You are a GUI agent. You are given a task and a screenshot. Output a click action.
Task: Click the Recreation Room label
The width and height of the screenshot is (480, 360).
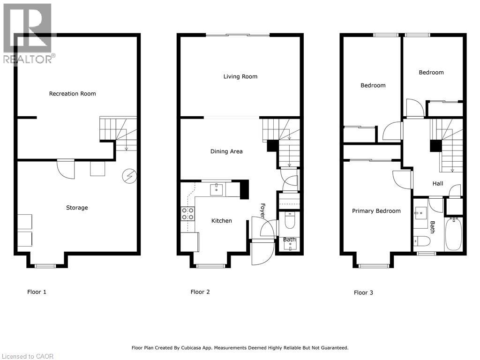72,94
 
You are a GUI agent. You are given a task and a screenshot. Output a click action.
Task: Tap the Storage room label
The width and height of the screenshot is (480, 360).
77,208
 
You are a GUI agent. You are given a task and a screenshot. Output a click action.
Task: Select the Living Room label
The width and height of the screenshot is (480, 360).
240,76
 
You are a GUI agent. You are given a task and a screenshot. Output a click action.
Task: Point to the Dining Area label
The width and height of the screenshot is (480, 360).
226,151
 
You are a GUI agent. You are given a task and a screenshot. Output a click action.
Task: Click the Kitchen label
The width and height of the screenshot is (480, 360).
221,221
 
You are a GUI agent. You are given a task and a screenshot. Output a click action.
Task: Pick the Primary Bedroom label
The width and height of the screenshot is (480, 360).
376,211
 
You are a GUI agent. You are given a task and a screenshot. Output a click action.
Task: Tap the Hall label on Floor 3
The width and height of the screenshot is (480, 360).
438,184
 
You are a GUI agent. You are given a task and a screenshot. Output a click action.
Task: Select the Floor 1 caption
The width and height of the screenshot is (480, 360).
37,292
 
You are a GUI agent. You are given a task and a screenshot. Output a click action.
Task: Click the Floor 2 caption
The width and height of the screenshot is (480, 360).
200,292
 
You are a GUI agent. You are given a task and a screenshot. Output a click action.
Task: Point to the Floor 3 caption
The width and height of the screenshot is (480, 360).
363,292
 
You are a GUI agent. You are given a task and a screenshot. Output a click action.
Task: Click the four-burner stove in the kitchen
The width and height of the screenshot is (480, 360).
187,214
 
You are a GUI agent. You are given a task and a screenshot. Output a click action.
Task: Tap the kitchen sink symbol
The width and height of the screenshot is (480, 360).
217,189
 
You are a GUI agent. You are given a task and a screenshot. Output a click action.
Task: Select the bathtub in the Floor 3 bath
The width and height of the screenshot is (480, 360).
453,234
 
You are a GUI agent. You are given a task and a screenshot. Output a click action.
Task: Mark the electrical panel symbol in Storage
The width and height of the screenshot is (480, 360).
129,176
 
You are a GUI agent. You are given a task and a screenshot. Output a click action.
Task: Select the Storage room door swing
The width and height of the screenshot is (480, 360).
65,168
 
